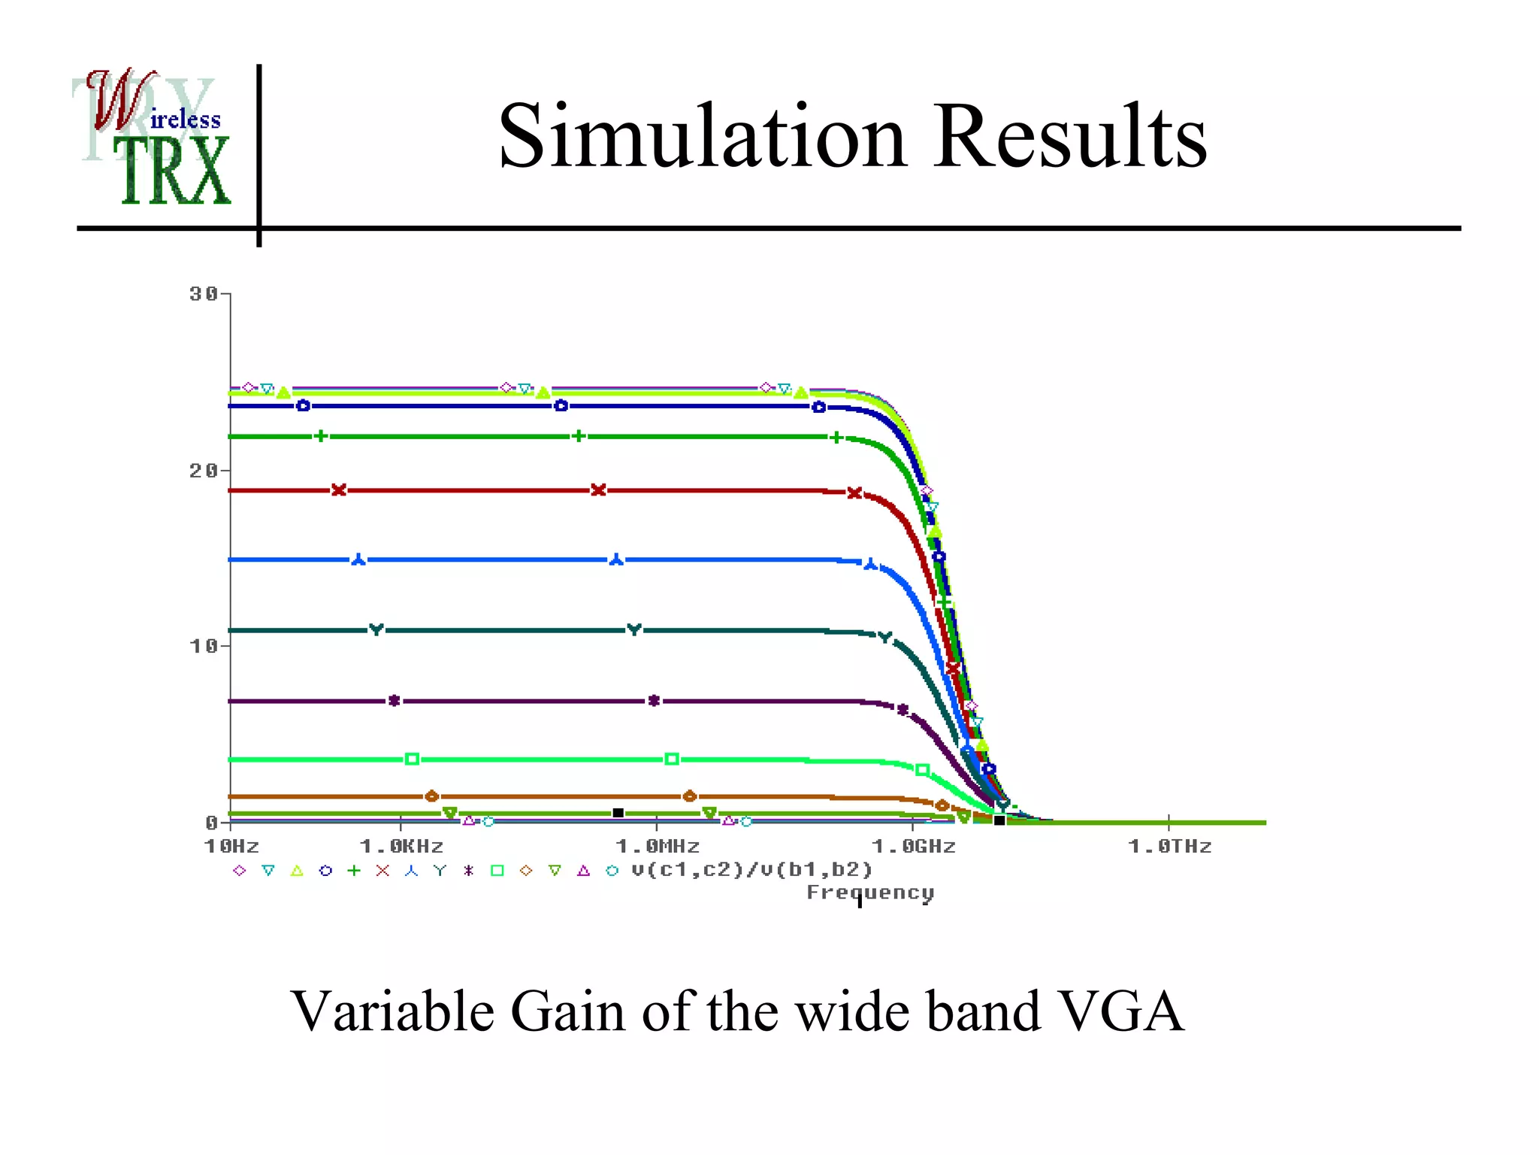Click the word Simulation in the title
pyautogui.click(x=702, y=137)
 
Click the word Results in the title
pyautogui.click(x=1070, y=137)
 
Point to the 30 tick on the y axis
pyautogui.click(x=204, y=294)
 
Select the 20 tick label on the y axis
pyautogui.click(x=204, y=471)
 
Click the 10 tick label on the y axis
pyautogui.click(x=204, y=646)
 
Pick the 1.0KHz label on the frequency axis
pyautogui.click(x=402, y=847)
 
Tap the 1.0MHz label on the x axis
pyautogui.click(x=658, y=847)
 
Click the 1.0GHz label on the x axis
pyautogui.click(x=914, y=847)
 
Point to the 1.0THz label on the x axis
pyautogui.click(x=1170, y=847)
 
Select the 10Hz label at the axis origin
pyautogui.click(x=231, y=847)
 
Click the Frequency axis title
pyautogui.click(x=870, y=893)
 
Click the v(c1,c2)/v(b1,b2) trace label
pyautogui.click(x=751, y=870)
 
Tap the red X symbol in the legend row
pyautogui.click(x=382, y=871)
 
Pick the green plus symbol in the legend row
pyautogui.click(x=354, y=871)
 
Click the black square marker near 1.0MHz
pyautogui.click(x=618, y=813)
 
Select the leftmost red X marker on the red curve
pyautogui.click(x=339, y=490)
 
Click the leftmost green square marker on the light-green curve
pyautogui.click(x=412, y=759)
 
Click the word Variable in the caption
pyautogui.click(x=392, y=1011)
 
